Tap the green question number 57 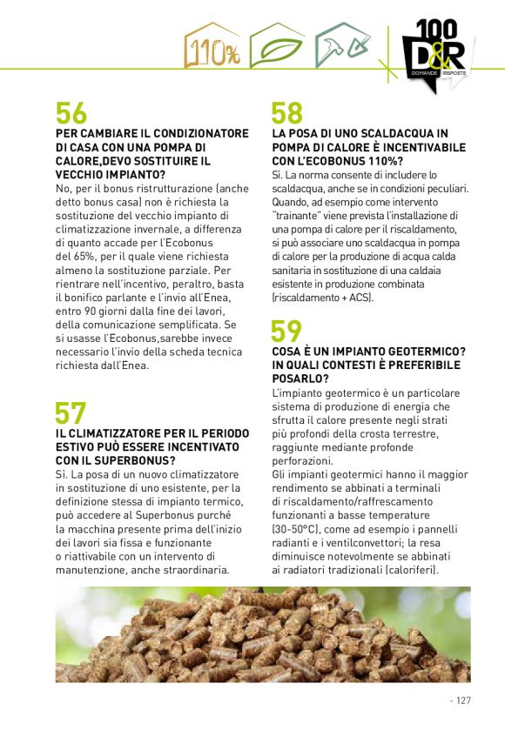71,412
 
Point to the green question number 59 286,332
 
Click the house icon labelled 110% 212,47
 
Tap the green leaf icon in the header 276,47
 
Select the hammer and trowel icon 339,47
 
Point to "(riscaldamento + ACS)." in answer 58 322,298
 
